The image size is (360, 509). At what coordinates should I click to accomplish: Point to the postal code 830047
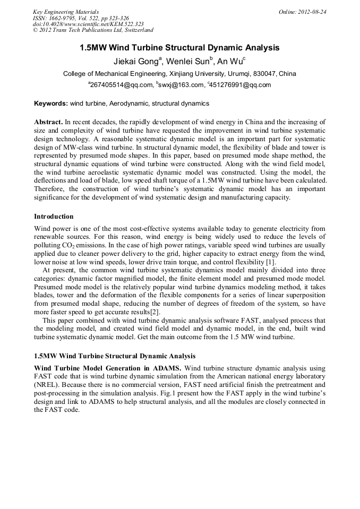tap(265, 74)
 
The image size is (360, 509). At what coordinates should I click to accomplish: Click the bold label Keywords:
tap(51, 103)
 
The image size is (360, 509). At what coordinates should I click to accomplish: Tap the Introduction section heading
tap(54, 217)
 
